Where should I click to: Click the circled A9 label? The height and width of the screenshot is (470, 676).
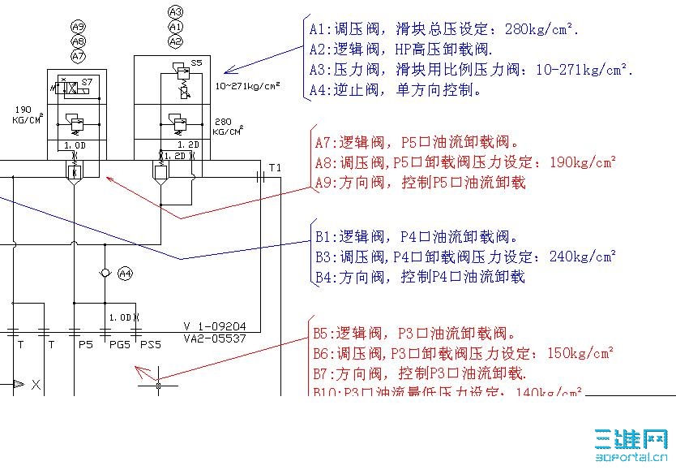[x=78, y=27]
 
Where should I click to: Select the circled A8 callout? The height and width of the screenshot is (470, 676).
[x=78, y=41]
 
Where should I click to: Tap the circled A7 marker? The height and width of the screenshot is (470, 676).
[x=78, y=56]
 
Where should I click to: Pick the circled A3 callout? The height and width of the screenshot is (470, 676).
[x=176, y=11]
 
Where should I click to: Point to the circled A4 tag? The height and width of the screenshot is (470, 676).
[x=125, y=274]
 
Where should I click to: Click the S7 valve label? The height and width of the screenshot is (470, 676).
[x=87, y=83]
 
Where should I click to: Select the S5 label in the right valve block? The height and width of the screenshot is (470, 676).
[x=196, y=62]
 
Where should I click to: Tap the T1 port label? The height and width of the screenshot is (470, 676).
[x=276, y=167]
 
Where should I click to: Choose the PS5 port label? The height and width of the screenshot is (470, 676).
[x=151, y=345]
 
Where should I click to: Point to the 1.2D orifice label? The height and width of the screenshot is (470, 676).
[x=177, y=154]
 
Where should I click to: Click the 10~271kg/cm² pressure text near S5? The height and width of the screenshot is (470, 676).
[x=248, y=84]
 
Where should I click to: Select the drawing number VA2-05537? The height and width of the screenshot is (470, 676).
[x=215, y=338]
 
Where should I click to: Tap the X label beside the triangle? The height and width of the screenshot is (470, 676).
[x=36, y=386]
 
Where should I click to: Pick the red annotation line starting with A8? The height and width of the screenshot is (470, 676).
[x=465, y=162]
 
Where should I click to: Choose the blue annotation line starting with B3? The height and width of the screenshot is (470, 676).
[x=465, y=257]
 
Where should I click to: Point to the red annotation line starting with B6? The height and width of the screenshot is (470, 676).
[x=464, y=353]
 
